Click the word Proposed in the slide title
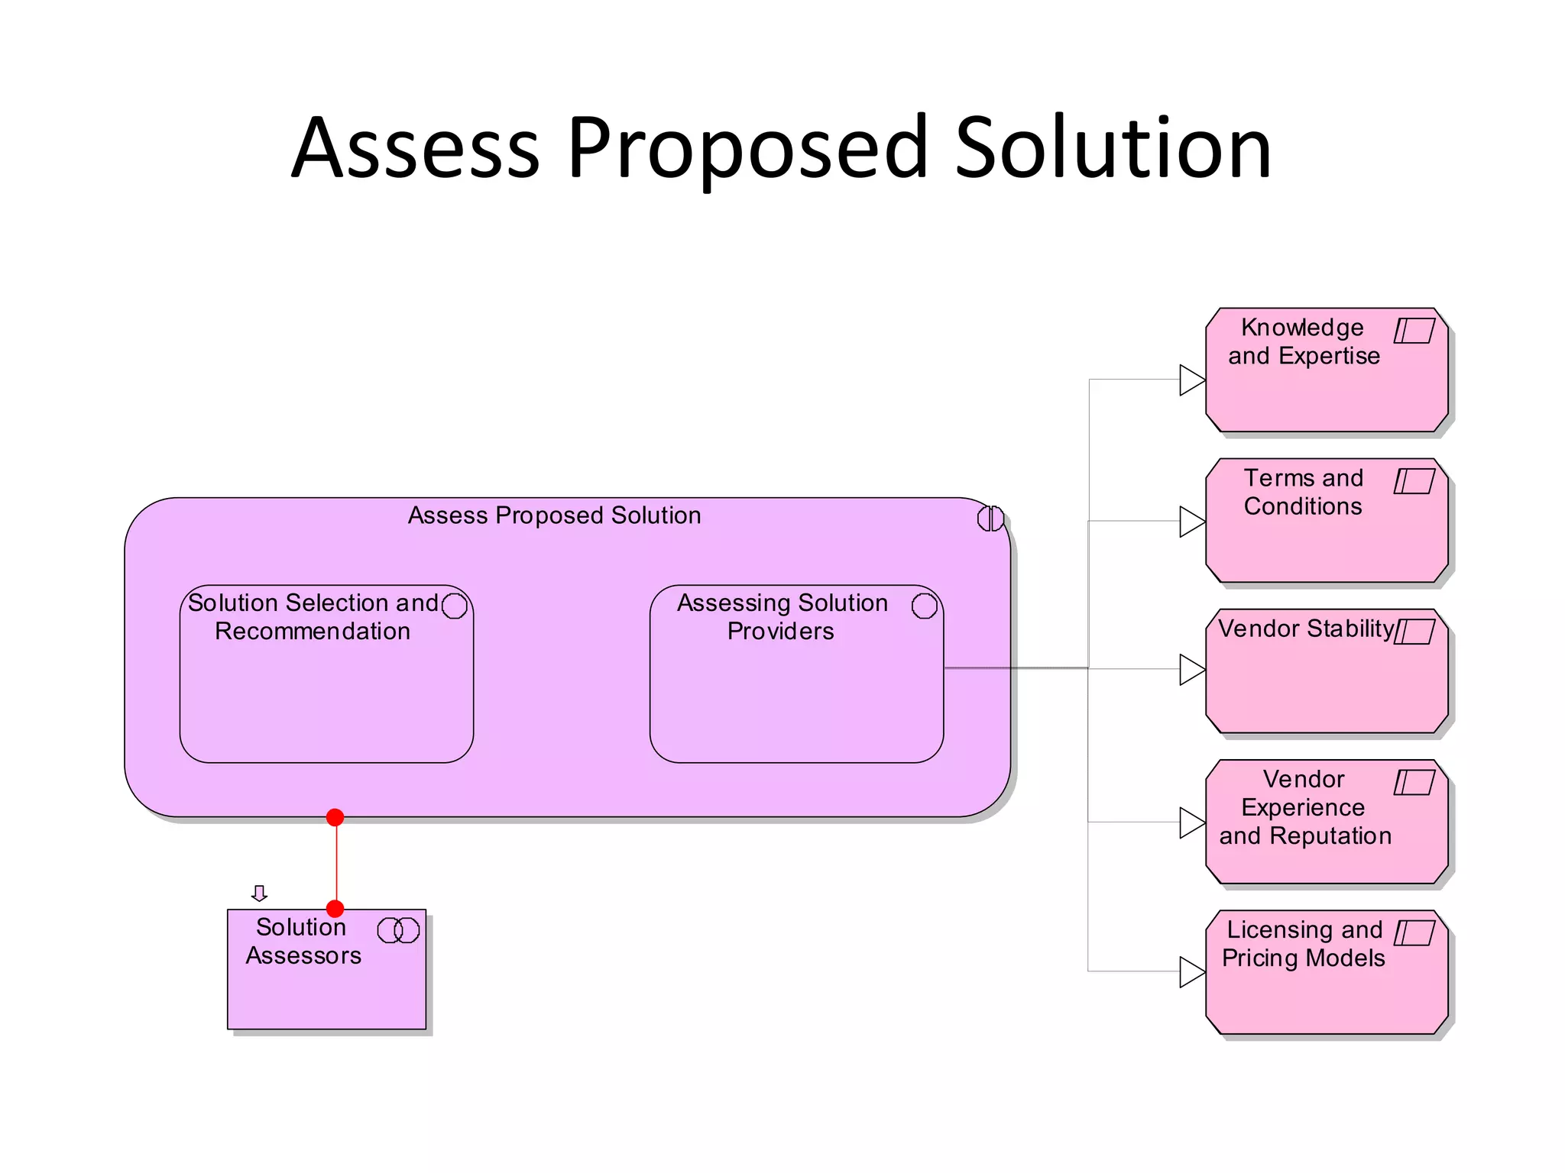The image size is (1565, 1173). tap(747, 149)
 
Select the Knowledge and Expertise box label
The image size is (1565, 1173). tap(1303, 341)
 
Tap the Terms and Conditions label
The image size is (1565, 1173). tap(1303, 492)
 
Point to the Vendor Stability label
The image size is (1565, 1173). tap(1306, 629)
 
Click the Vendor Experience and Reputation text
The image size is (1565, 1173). tap(1304, 807)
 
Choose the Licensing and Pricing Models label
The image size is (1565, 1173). tap(1304, 944)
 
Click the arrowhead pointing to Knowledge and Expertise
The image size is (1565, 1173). tap(1191, 380)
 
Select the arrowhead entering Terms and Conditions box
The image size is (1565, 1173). tap(1191, 522)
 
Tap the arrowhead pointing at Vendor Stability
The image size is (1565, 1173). tap(1191, 669)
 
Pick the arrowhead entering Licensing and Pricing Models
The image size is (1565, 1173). tap(1191, 971)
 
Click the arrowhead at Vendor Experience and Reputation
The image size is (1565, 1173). tap(1191, 822)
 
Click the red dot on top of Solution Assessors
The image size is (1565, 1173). tap(335, 909)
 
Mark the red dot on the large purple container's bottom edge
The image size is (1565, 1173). tap(335, 817)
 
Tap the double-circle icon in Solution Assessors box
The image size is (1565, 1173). tap(398, 930)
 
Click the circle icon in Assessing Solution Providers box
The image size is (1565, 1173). tap(924, 606)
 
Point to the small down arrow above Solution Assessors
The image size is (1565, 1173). tap(259, 893)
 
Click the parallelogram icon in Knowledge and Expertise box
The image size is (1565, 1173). tap(1414, 331)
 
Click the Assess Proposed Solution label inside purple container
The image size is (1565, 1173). tap(554, 515)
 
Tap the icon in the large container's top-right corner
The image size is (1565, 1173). tap(990, 519)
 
